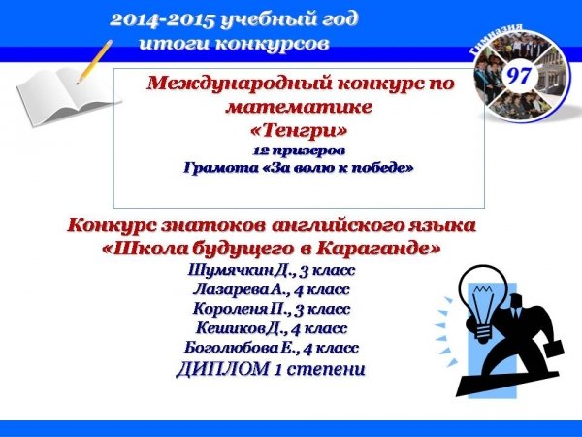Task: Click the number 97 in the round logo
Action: coord(520,76)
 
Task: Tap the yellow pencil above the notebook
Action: coord(94,62)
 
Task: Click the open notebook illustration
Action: coord(69,96)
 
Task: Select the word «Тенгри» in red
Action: coord(299,130)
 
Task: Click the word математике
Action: coord(299,107)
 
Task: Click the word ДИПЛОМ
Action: coord(223,369)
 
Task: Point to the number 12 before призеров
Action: coord(258,151)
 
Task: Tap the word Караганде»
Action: coord(378,249)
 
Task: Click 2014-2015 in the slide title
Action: coord(163,20)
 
